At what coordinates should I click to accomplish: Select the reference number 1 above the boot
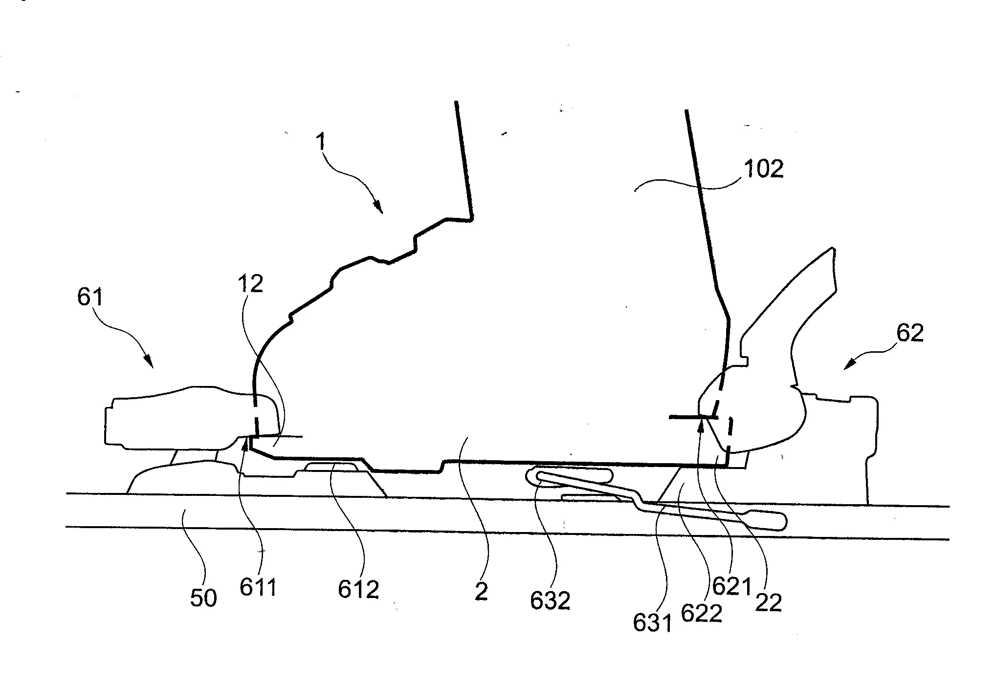320,142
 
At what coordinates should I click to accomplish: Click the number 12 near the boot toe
250,284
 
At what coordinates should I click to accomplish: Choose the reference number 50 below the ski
203,598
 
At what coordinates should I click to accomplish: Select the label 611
258,588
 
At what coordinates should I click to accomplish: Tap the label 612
358,590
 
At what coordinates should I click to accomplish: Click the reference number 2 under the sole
481,592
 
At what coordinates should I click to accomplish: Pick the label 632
550,601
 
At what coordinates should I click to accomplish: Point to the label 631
653,622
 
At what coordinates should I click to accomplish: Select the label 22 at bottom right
769,602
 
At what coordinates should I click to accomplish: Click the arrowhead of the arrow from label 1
378,208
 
